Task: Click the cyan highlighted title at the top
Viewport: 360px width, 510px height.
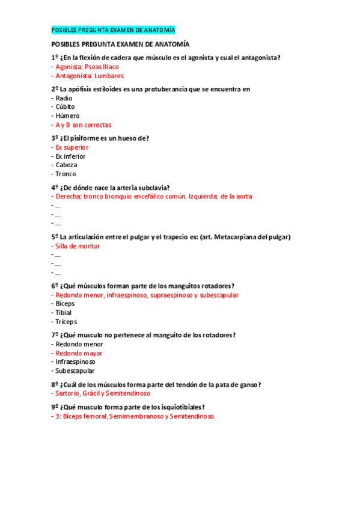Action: (x=113, y=30)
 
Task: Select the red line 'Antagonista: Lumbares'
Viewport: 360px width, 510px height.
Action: (x=89, y=76)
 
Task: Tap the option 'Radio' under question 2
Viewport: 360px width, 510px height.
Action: (x=64, y=98)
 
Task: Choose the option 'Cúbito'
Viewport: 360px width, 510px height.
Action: (x=65, y=107)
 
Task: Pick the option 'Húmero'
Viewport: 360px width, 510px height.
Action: (x=67, y=115)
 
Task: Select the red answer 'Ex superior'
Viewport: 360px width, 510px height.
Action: (x=72, y=147)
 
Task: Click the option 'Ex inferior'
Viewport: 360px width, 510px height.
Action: (x=70, y=156)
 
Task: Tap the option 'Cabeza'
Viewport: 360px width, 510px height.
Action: (x=66, y=165)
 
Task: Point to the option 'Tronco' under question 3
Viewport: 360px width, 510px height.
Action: (x=66, y=174)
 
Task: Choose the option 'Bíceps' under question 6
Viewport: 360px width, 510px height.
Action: (x=65, y=304)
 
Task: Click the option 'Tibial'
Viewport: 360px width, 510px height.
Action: (x=63, y=313)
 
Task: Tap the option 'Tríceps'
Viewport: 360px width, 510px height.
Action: (x=66, y=322)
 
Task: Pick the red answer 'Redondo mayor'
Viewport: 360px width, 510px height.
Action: (x=79, y=353)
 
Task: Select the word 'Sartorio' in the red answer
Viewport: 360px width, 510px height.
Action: (x=69, y=393)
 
